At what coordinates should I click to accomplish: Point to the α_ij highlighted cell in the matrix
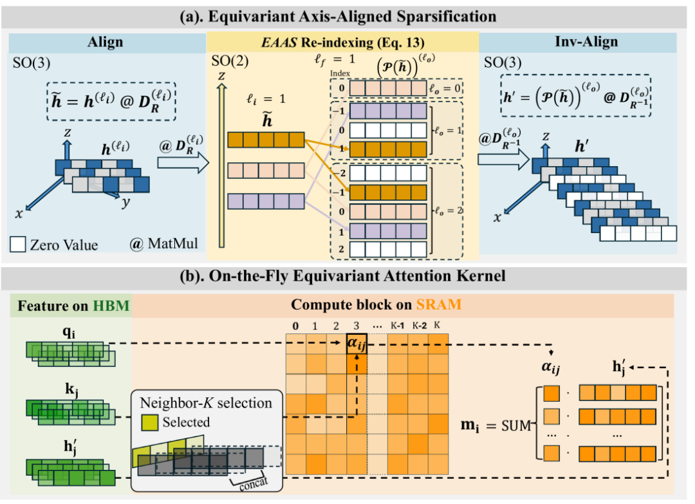point(357,344)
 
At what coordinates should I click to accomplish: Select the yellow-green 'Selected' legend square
point(149,422)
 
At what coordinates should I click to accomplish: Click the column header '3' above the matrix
point(356,325)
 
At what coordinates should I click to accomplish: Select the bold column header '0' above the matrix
point(295,325)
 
